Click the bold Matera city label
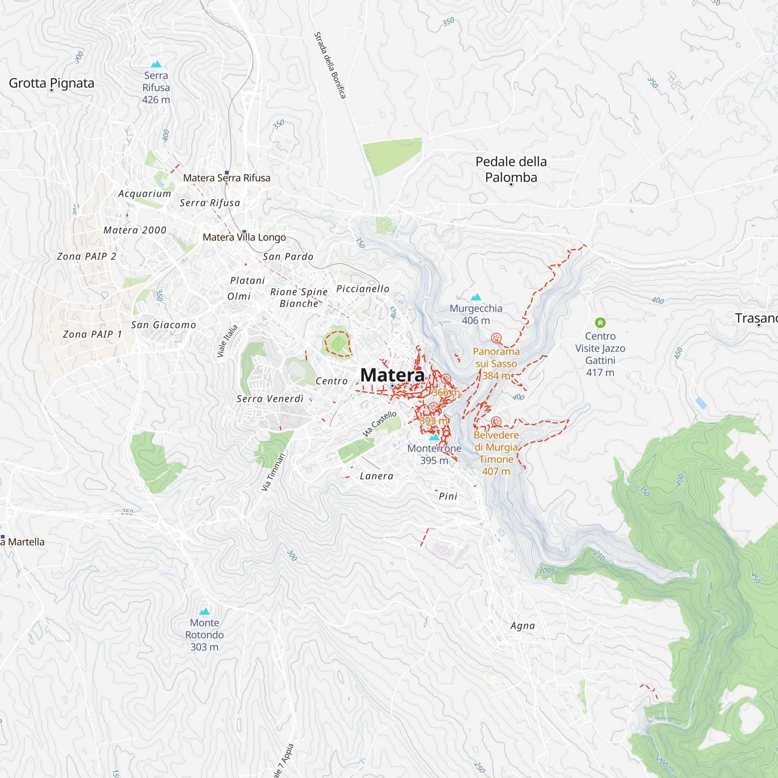[x=392, y=375]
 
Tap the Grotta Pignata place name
[x=52, y=83]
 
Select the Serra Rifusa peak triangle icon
[x=156, y=65]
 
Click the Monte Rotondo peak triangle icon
[x=205, y=612]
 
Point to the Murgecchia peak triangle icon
[x=476, y=298]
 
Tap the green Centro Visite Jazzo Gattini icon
[x=600, y=322]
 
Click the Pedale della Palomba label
[x=511, y=170]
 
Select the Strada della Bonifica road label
[x=330, y=65]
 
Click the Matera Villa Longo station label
[x=244, y=237]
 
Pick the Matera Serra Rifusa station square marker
[x=227, y=173]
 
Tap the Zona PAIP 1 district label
[x=92, y=334]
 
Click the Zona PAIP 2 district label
[x=87, y=256]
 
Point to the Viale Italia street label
[x=227, y=341]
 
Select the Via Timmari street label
[x=273, y=472]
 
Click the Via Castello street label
[x=379, y=424]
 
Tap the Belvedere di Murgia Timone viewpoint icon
[x=496, y=422]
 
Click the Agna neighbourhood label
[x=523, y=626]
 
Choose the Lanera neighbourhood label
[x=377, y=476]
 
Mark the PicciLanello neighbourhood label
[x=363, y=289]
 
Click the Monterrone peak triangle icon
[x=434, y=437]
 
